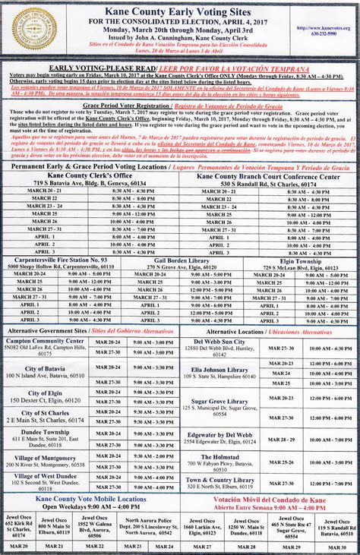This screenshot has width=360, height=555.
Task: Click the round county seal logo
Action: [x=33, y=28]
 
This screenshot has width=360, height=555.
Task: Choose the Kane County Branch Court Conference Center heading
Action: [x=268, y=175]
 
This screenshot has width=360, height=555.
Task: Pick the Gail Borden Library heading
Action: [x=178, y=260]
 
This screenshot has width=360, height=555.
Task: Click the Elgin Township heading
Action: [x=297, y=260]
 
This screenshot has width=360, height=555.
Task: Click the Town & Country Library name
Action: [x=220, y=479]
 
